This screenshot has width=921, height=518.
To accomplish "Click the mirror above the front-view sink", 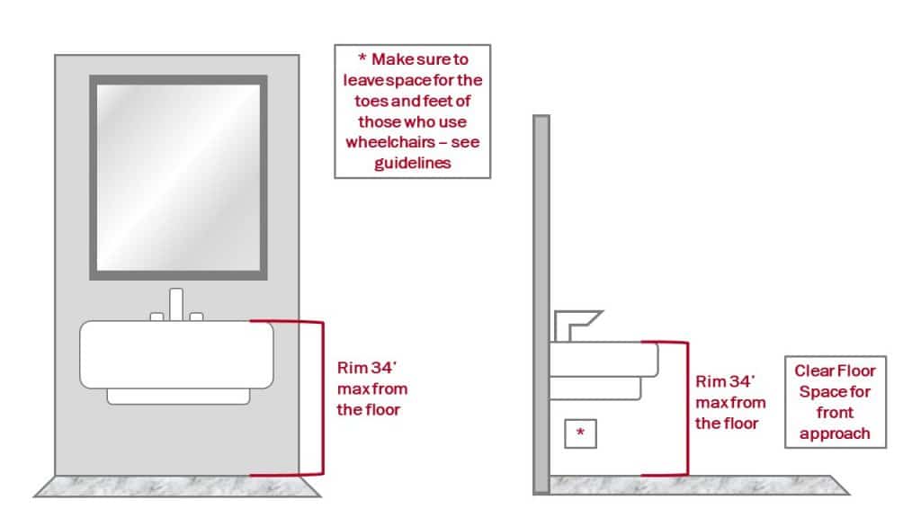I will [x=178, y=178].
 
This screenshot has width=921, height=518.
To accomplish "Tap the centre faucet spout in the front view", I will [x=176, y=304].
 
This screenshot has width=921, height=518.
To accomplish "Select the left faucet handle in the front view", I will [x=156, y=316].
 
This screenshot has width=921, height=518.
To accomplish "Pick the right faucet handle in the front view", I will [x=196, y=316].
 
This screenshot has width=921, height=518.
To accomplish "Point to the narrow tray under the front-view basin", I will [x=178, y=396].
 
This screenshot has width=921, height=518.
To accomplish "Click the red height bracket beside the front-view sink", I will [x=319, y=397].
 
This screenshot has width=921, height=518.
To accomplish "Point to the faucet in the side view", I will [x=576, y=321].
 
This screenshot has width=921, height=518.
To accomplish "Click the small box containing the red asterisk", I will [x=580, y=434].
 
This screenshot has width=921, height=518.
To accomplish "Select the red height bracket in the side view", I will [x=686, y=408].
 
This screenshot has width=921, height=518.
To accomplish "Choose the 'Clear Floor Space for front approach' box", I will [x=834, y=401].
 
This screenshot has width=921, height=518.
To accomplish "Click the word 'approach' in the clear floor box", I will [x=834, y=433].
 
